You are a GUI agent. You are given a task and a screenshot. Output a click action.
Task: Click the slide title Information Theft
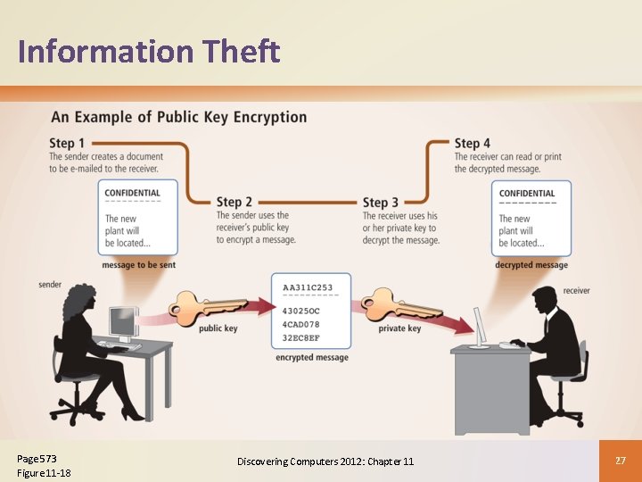pyautogui.click(x=149, y=52)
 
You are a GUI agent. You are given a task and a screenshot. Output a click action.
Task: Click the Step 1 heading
pyautogui.click(x=68, y=143)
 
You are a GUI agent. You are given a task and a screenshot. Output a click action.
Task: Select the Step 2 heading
pyautogui.click(x=235, y=203)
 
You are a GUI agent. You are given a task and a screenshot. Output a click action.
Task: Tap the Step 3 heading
pyautogui.click(x=381, y=203)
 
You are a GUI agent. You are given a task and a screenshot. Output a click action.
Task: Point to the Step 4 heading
pyautogui.click(x=473, y=143)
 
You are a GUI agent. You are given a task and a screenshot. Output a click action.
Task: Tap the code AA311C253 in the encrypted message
pyautogui.click(x=308, y=288)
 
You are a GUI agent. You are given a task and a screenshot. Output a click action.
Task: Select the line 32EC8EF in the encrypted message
pyautogui.click(x=301, y=339)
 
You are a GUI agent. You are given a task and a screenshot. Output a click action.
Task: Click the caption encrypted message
pyautogui.click(x=311, y=358)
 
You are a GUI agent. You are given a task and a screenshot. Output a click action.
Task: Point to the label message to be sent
pyautogui.click(x=139, y=265)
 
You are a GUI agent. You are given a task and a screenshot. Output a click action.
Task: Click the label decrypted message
pyautogui.click(x=531, y=265)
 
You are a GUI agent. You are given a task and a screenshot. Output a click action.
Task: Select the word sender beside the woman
pyautogui.click(x=50, y=285)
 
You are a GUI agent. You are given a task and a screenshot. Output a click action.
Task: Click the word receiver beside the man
pyautogui.click(x=576, y=290)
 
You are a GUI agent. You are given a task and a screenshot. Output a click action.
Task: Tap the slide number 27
pyautogui.click(x=621, y=460)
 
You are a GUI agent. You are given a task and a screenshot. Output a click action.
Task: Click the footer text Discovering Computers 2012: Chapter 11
pyautogui.click(x=325, y=461)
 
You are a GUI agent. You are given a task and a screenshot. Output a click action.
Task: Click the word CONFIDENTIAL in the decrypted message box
pyautogui.click(x=527, y=194)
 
